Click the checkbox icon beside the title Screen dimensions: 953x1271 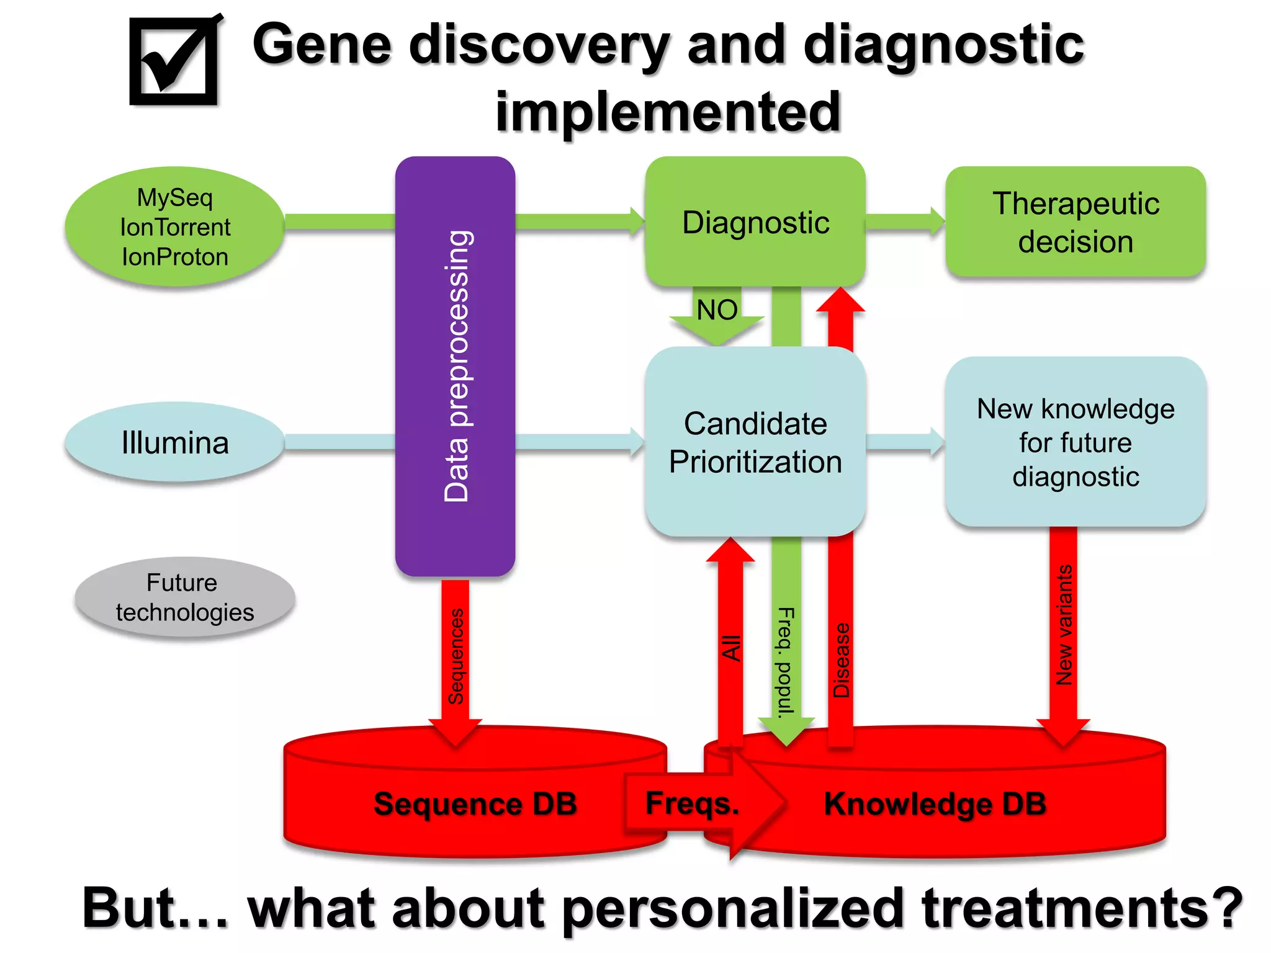point(174,61)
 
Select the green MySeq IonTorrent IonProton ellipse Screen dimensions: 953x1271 point(175,226)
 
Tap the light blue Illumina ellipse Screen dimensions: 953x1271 point(175,442)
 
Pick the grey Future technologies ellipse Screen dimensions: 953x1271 point(184,597)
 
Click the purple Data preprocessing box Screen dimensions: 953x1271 point(456,366)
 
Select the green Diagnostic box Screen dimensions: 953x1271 point(755,222)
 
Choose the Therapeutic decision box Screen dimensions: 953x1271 point(1076,222)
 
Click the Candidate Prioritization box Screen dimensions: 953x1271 point(755,442)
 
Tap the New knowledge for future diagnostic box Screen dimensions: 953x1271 point(1076,442)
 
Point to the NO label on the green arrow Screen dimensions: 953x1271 point(717,310)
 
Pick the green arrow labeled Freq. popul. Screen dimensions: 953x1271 point(786,661)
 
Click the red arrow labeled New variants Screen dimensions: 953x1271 point(1064,627)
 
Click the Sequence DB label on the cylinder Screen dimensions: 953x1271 point(475,803)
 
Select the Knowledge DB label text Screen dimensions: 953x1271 point(935,803)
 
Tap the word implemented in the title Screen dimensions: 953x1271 point(668,112)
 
